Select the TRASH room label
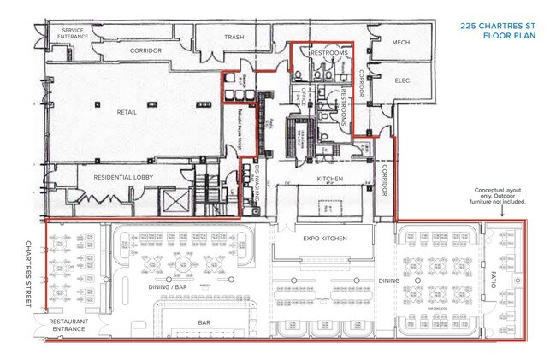tap(234, 38)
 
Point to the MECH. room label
tap(401, 42)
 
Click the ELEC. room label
tap(403, 81)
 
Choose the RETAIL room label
tap(128, 111)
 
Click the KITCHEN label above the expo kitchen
tap(330, 179)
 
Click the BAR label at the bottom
tap(204, 322)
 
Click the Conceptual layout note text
tap(500, 196)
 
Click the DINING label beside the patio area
tap(389, 280)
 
